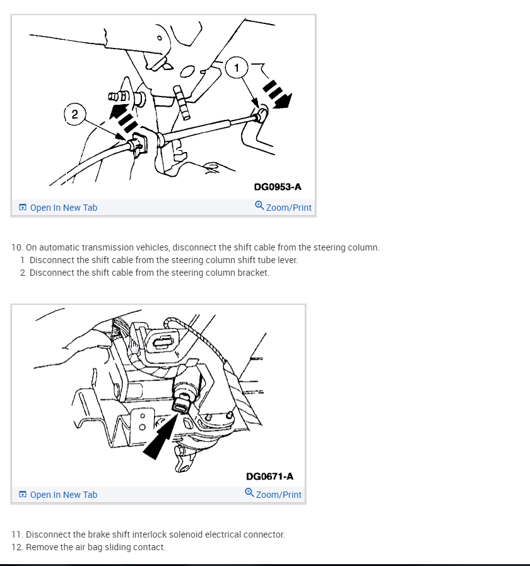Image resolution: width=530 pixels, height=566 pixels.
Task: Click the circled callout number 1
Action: point(237,68)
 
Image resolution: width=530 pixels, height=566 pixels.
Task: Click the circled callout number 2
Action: point(74,114)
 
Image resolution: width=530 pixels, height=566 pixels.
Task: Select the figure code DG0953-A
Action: point(277,187)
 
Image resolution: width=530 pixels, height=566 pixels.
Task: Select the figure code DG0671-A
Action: point(269,476)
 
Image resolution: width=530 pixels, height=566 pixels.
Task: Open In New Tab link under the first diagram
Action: point(64,208)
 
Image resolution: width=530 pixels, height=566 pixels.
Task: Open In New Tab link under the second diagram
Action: point(64,495)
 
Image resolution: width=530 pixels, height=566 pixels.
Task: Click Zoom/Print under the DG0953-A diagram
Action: point(288,208)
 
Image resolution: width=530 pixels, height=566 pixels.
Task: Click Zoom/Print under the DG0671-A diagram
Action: point(278,495)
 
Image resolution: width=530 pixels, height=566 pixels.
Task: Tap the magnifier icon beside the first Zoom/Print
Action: point(259,206)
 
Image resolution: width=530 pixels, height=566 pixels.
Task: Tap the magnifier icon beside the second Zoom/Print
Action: point(249,492)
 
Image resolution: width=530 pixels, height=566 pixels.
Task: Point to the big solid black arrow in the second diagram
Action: point(160,436)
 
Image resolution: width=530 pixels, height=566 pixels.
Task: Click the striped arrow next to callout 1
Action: point(277,94)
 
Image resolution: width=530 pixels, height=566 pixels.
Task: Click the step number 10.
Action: point(17,247)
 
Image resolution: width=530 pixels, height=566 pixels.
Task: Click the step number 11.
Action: point(17,534)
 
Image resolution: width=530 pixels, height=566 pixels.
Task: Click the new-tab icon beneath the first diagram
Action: point(23,207)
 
